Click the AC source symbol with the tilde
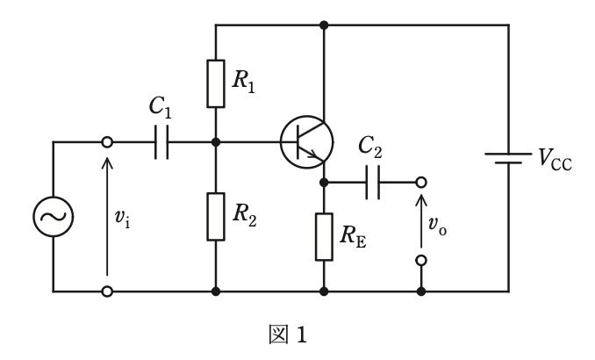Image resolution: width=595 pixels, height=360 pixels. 54,217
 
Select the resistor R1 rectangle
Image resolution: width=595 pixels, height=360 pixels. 216,83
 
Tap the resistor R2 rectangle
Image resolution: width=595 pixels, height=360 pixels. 216,217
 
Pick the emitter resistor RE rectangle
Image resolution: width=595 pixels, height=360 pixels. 324,237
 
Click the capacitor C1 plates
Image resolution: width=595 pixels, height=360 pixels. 161,142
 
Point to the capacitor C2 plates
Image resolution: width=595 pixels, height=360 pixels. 373,183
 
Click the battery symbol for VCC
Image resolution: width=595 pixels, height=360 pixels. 508,158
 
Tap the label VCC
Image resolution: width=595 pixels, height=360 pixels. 556,159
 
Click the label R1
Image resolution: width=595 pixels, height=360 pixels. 244,82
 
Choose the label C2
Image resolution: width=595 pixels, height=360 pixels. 370,148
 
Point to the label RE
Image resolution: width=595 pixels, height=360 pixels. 354,236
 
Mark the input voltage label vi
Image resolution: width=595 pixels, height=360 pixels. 122,219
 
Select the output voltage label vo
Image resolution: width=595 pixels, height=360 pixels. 438,226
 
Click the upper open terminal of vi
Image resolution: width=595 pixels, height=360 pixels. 107,142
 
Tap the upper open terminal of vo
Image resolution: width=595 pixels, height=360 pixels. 421,183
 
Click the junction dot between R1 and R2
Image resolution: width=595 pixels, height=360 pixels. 216,142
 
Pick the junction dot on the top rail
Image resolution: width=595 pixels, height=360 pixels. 324,25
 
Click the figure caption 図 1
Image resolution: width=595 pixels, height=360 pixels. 288,335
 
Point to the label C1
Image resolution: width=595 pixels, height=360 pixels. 161,107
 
